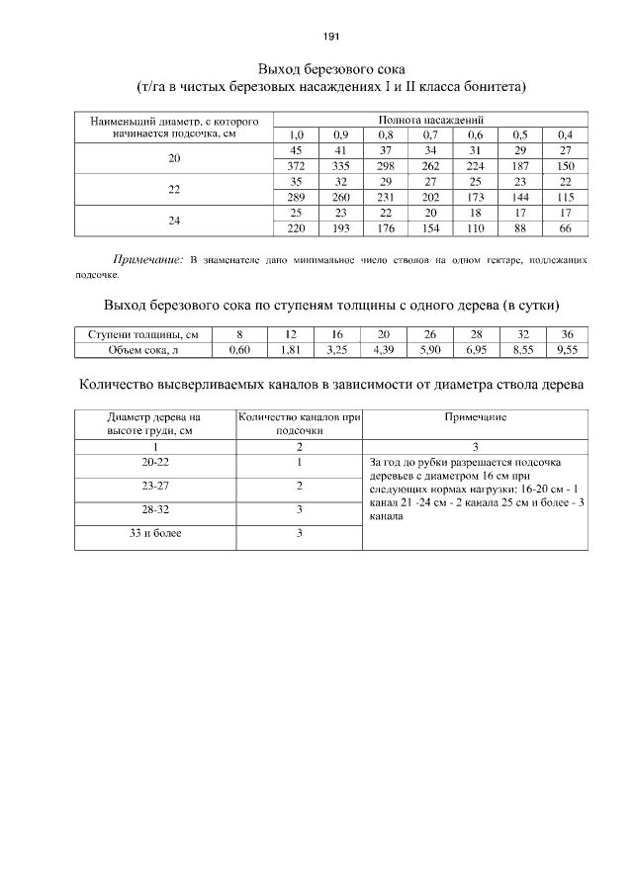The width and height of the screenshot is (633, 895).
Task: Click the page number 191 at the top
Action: (x=331, y=37)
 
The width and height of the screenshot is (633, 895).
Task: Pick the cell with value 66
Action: (x=566, y=228)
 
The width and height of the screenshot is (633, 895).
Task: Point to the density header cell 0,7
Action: (x=430, y=134)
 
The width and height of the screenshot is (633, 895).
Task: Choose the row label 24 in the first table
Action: (x=175, y=221)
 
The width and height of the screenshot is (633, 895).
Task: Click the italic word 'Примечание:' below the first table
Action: (x=148, y=260)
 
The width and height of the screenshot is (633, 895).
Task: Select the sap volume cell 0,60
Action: (x=238, y=349)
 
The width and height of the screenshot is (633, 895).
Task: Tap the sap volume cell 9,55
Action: (x=566, y=349)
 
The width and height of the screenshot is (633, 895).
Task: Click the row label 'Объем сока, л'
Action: (x=143, y=349)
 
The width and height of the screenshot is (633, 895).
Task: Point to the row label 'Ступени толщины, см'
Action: (x=143, y=334)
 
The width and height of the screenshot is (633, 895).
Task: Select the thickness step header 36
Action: (x=566, y=334)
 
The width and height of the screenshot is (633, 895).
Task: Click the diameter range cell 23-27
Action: (x=154, y=486)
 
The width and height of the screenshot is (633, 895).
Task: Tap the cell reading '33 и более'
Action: (x=154, y=533)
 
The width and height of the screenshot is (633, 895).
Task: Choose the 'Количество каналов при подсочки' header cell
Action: (x=299, y=424)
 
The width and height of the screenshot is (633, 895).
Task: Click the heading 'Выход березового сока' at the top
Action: (x=330, y=69)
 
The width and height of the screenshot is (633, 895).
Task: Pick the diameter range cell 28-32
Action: (x=154, y=509)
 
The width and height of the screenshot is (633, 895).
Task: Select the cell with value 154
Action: (x=430, y=228)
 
